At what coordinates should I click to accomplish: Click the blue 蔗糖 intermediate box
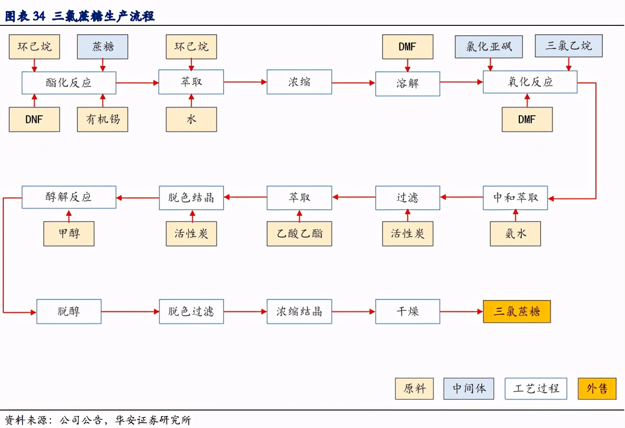(102, 47)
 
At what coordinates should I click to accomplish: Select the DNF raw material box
(34, 119)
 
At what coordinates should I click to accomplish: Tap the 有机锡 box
(102, 119)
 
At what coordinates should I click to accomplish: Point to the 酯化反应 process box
(69, 83)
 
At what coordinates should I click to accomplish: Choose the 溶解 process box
(407, 83)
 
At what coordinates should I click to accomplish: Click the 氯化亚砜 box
(489, 47)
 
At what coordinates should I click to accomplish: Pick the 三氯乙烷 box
(568, 46)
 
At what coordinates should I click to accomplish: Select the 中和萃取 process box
(515, 198)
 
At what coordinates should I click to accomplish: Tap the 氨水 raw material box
(515, 233)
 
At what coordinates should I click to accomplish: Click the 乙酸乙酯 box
(299, 233)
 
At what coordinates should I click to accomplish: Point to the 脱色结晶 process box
(191, 198)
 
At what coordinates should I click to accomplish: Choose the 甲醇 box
(69, 233)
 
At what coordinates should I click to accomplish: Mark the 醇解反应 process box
(69, 197)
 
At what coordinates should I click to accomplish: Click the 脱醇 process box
(69, 311)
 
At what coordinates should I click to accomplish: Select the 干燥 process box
(407, 311)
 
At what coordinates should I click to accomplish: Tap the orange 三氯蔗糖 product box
(516, 311)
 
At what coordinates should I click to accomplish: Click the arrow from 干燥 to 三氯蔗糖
(461, 311)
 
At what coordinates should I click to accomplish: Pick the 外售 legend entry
(597, 388)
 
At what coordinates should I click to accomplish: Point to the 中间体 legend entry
(469, 388)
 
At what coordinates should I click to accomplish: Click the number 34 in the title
(39, 16)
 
